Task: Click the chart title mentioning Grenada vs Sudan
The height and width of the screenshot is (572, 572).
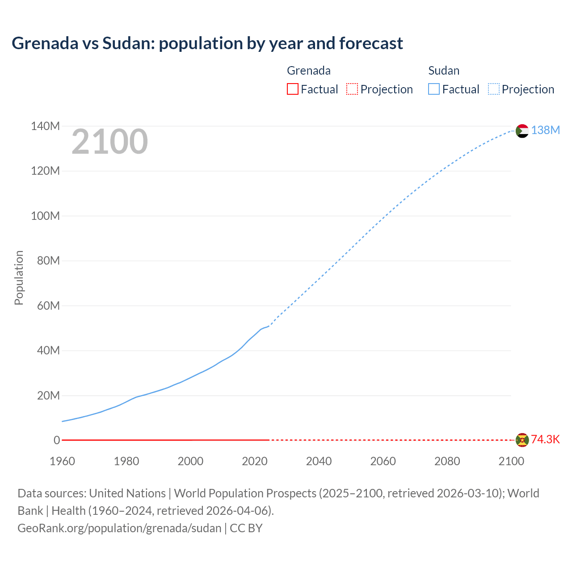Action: point(207,43)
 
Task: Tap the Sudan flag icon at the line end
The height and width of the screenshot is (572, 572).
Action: point(522,131)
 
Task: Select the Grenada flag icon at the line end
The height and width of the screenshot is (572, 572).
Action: point(522,440)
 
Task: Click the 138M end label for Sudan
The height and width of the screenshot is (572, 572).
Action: point(545,130)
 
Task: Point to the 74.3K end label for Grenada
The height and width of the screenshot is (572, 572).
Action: point(545,439)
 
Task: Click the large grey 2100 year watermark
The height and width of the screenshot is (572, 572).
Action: point(109,142)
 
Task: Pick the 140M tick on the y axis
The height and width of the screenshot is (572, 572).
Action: point(45,126)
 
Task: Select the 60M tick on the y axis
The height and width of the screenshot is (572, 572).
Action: point(48,306)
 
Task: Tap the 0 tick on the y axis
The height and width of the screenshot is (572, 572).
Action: point(57,440)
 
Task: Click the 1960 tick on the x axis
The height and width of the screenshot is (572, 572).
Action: point(62,461)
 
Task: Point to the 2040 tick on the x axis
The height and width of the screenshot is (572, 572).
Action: point(319,461)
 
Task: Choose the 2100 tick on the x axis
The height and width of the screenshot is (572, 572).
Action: point(511,461)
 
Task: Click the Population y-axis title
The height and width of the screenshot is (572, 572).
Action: point(19,278)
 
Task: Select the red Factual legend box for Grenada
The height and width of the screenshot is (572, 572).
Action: point(292,89)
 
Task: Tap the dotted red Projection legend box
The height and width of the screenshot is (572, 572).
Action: point(352,89)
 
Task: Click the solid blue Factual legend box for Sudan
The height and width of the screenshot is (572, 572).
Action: point(433,89)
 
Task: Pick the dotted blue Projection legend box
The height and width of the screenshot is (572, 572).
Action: point(493,89)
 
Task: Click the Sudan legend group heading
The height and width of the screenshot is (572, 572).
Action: point(444,71)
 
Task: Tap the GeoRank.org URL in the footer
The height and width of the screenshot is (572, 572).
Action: point(119,528)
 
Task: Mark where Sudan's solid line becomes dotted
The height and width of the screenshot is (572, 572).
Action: point(268,326)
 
